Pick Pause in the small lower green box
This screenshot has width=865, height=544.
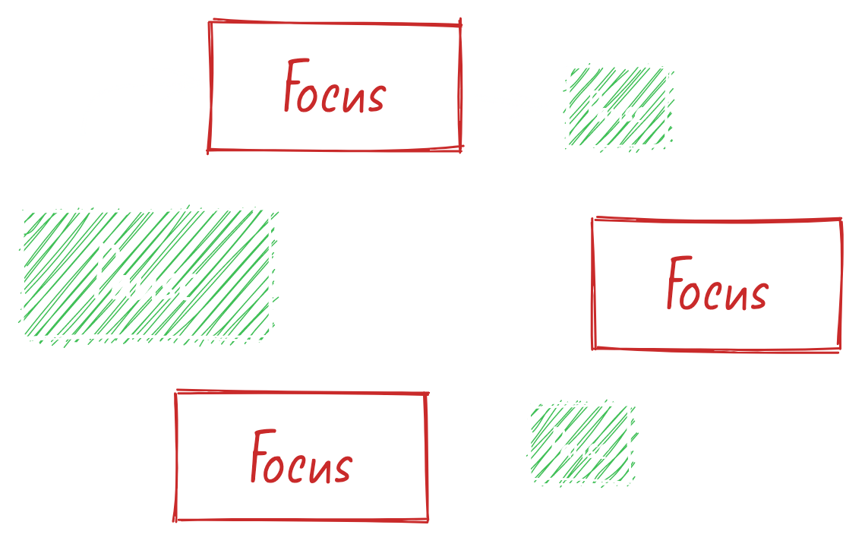pyautogui.click(x=579, y=444)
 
